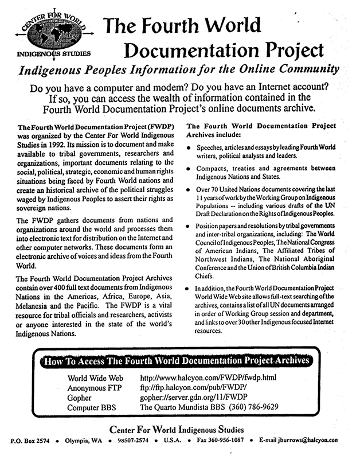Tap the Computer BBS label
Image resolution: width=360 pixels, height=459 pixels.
93,407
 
